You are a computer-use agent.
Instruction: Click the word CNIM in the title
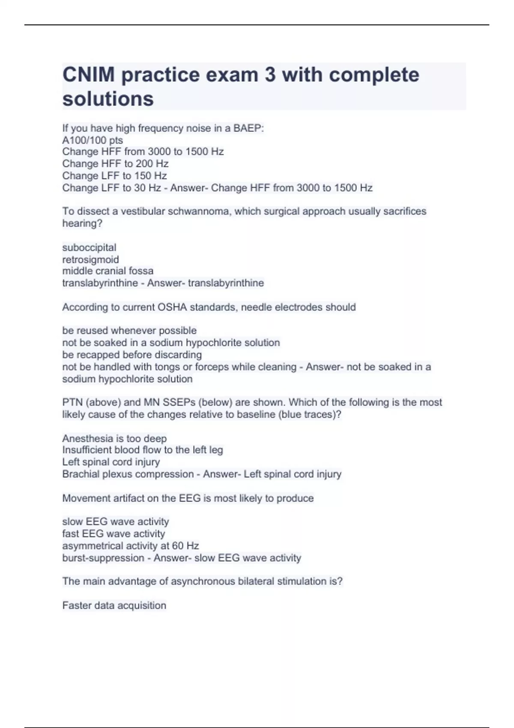pos(88,75)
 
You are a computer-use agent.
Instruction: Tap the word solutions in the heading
pos(108,99)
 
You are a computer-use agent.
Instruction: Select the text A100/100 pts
pos(93,140)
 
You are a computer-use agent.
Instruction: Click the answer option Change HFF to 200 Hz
pos(115,164)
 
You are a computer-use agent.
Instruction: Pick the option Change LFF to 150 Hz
pos(114,176)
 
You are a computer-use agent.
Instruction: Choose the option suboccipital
pos(89,248)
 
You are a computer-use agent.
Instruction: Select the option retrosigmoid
pos(90,260)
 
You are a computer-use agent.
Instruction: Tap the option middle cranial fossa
pos(108,271)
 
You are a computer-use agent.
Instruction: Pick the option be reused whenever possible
pos(129,331)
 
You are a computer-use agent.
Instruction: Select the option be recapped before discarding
pos(132,355)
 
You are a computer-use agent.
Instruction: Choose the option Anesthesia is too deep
pos(114,439)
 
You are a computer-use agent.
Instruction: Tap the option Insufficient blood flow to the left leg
pos(143,450)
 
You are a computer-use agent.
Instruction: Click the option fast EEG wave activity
pos(114,534)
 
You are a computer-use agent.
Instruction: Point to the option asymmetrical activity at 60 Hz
pos(131,546)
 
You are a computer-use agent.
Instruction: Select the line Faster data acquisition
pos(114,606)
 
